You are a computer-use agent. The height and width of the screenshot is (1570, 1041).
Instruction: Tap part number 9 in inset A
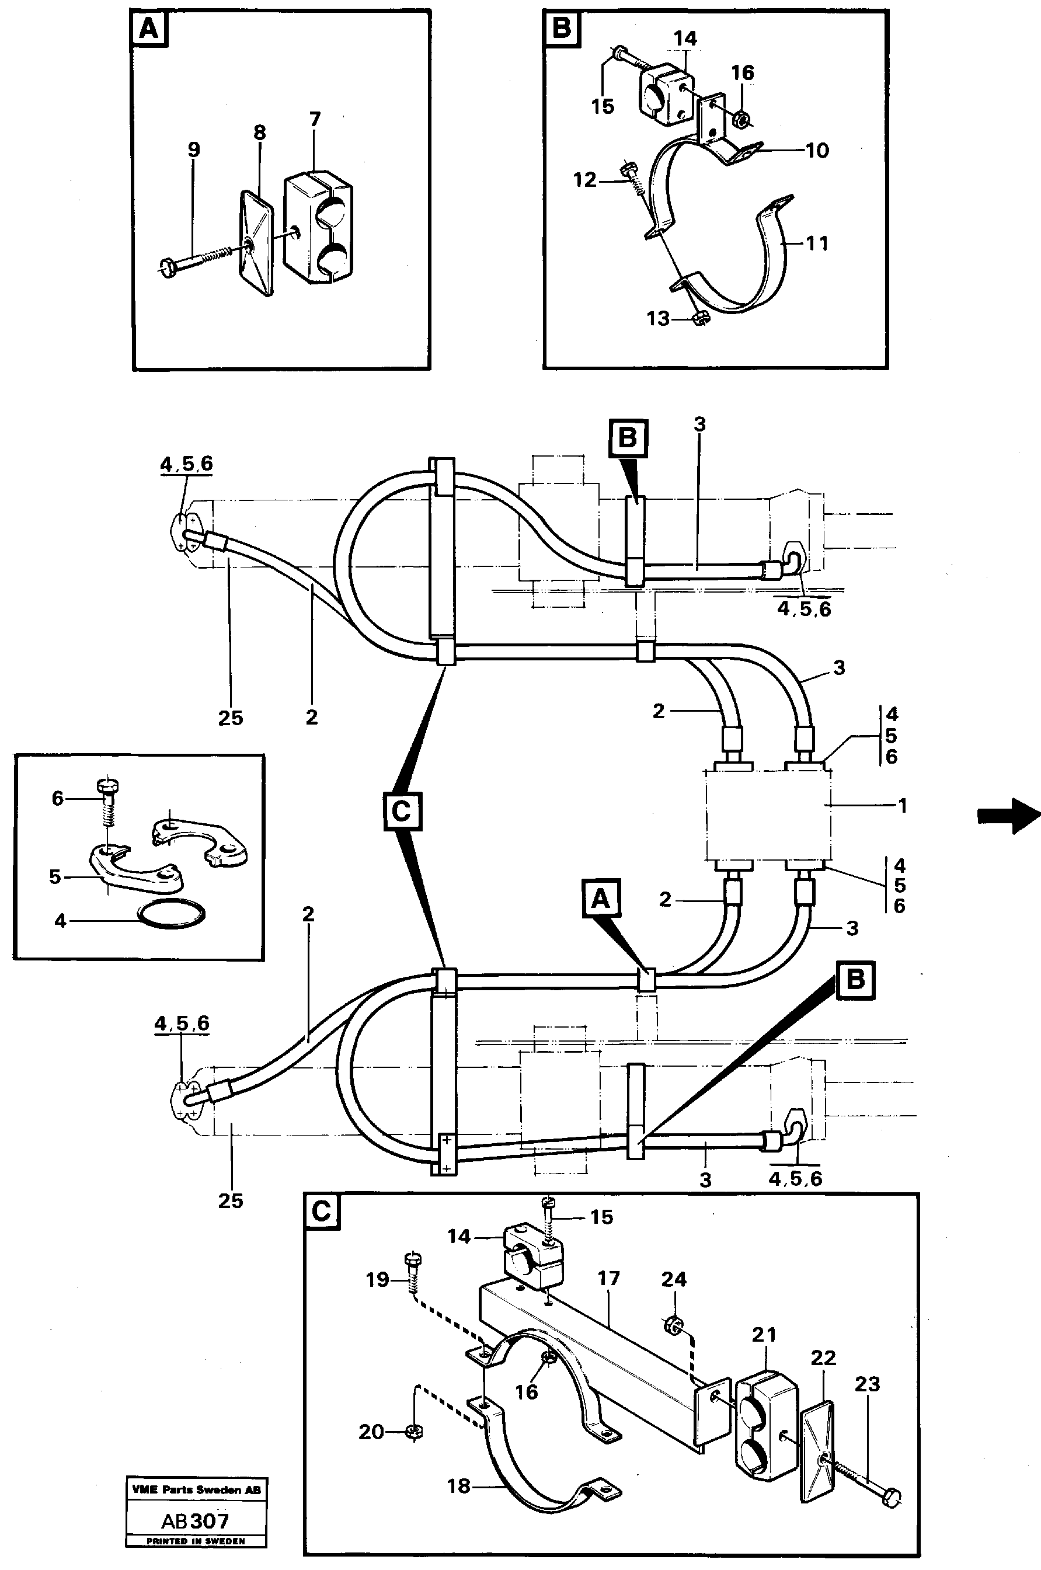[193, 150]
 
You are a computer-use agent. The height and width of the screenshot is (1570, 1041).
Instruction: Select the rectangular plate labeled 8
[256, 243]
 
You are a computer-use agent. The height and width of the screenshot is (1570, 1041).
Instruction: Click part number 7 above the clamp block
[315, 120]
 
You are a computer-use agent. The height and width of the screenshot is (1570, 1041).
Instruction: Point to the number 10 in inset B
[817, 151]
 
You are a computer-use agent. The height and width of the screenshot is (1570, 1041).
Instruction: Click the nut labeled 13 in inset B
[700, 319]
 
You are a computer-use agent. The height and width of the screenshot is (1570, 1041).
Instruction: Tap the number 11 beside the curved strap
[817, 243]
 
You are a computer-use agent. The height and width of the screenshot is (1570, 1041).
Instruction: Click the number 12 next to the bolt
[585, 180]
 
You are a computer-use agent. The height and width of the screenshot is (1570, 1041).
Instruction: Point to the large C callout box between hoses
[402, 811]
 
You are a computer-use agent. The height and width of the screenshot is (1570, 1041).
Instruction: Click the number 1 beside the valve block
[901, 806]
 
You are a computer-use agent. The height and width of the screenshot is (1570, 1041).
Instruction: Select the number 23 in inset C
[867, 1384]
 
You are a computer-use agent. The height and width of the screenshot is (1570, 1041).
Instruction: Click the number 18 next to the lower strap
[459, 1487]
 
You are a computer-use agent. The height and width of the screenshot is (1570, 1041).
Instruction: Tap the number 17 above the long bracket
[608, 1279]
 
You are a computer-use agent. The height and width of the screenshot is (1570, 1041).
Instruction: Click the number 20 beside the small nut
[371, 1433]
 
